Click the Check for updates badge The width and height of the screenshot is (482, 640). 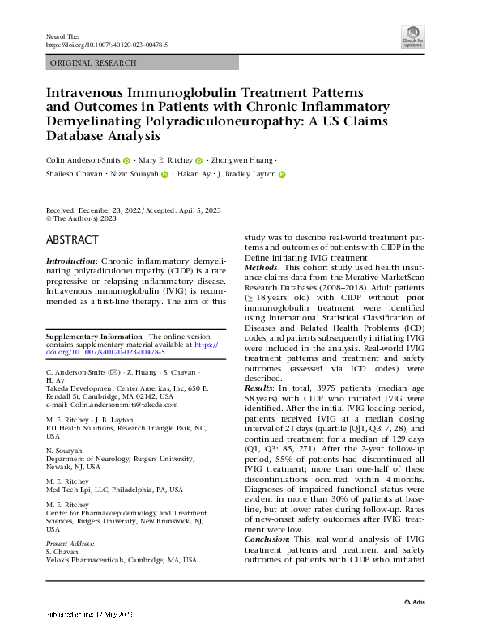tap(413, 35)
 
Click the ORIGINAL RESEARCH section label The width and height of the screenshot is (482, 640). tap(93, 62)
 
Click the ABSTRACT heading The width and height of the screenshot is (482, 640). tap(73, 240)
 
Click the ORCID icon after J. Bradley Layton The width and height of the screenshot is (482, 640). tap(283, 174)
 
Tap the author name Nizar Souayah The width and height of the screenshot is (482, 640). tap(133, 174)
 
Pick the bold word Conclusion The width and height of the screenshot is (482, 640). tap(268, 539)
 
